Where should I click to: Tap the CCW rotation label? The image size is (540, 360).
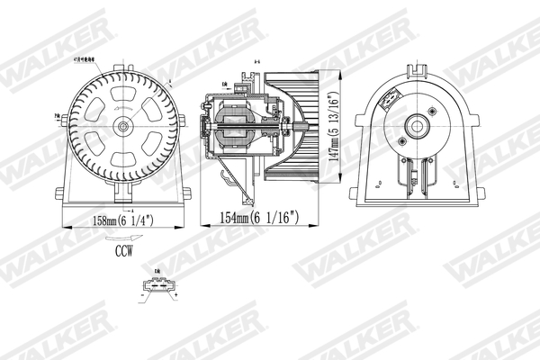click(x=123, y=254)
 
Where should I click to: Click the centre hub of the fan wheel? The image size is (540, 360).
click(x=122, y=127)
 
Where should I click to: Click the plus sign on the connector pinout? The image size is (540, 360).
click(x=176, y=293)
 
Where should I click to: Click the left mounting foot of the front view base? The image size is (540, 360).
click(x=59, y=193)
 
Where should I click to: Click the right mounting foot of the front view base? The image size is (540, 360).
click(x=187, y=193)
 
